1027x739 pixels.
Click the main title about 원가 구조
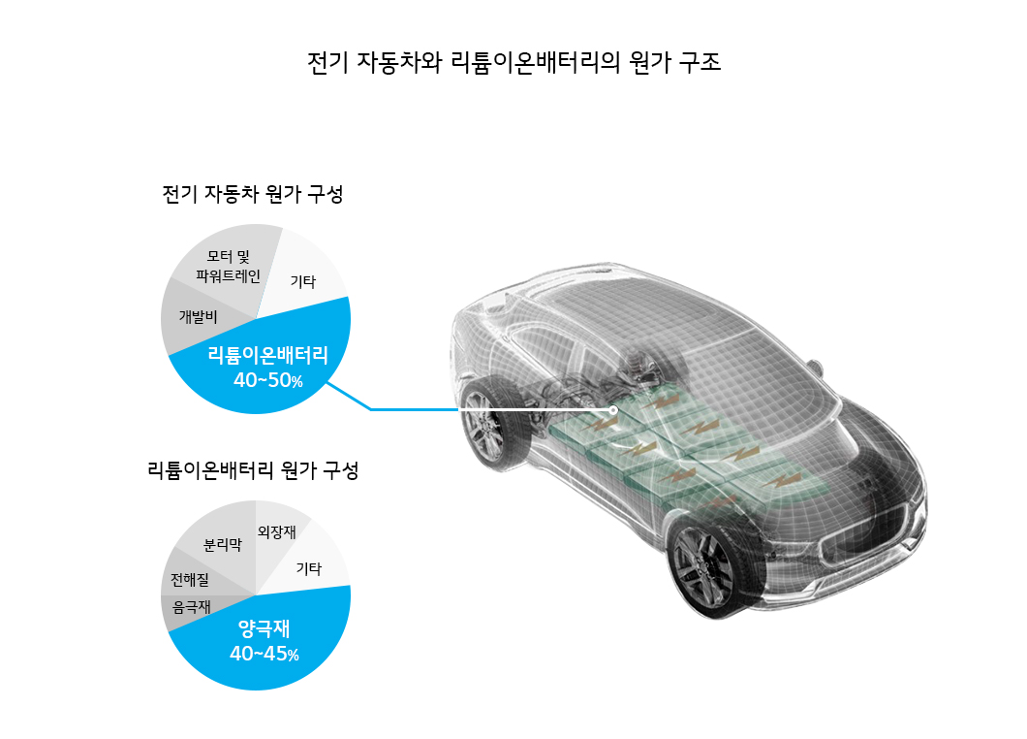[x=513, y=63]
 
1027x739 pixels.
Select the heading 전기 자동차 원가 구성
[x=253, y=194]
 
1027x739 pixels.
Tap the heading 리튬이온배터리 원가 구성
[x=253, y=470]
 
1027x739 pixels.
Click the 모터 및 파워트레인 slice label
[x=229, y=267]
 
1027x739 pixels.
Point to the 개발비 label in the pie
[x=198, y=317]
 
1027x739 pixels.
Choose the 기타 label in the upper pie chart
[x=303, y=281]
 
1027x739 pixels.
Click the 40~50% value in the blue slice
[x=267, y=380]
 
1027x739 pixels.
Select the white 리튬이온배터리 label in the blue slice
[x=267, y=355]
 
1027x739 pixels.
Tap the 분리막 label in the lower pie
[x=223, y=544]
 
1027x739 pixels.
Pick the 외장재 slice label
[x=276, y=531]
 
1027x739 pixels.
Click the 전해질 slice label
[x=190, y=580]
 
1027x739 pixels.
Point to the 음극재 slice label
[x=191, y=607]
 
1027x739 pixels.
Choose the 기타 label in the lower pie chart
[x=309, y=568]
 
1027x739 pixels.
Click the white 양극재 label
[x=264, y=628]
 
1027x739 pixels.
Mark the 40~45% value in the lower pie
[x=264, y=654]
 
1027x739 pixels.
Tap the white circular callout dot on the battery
[x=613, y=410]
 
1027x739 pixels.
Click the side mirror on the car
[x=814, y=368]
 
